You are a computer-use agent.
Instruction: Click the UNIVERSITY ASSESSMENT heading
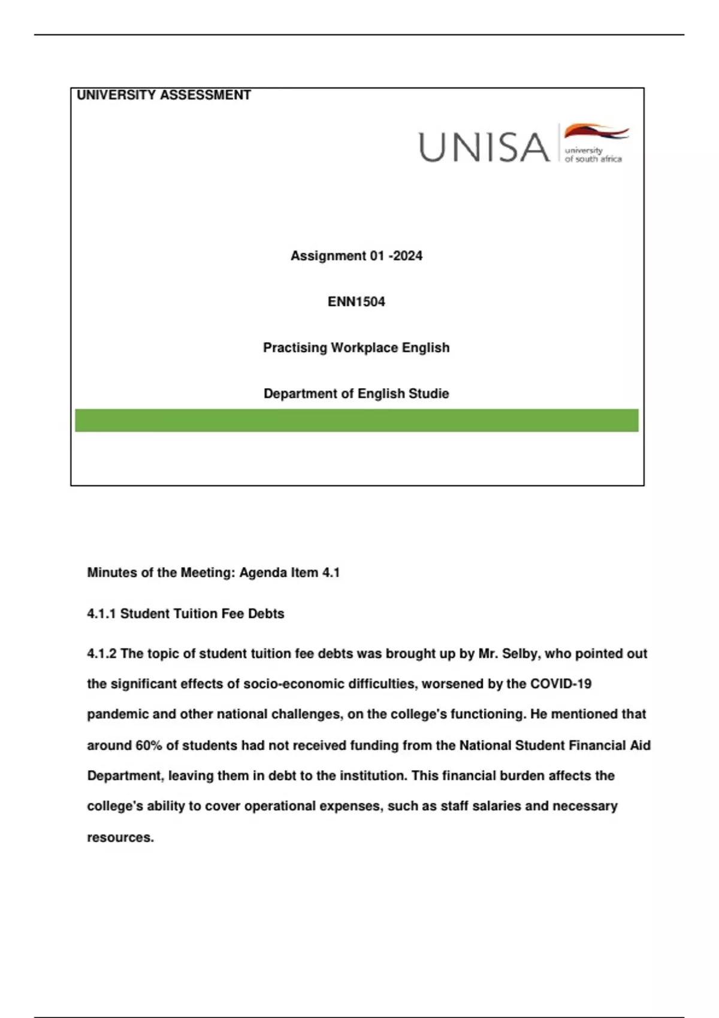pos(164,95)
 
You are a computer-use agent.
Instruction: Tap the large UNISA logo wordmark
pos(484,147)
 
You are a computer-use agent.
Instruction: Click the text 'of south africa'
pos(593,159)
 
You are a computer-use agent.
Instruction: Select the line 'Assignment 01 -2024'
pos(357,256)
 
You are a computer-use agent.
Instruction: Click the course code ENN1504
pos(357,302)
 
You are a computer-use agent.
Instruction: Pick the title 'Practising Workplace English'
pos(357,348)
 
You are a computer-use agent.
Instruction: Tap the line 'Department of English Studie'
pos(357,393)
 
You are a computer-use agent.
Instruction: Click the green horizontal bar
pos(357,420)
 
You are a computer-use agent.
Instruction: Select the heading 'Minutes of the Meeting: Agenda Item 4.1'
pos(213,572)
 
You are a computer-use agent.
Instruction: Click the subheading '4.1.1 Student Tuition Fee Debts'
pos(186,614)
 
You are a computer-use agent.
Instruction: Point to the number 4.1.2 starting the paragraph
pos(102,654)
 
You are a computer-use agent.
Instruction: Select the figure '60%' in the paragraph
pos(149,746)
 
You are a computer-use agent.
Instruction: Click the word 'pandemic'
pos(115,714)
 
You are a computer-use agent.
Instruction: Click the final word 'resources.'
pos(120,838)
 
